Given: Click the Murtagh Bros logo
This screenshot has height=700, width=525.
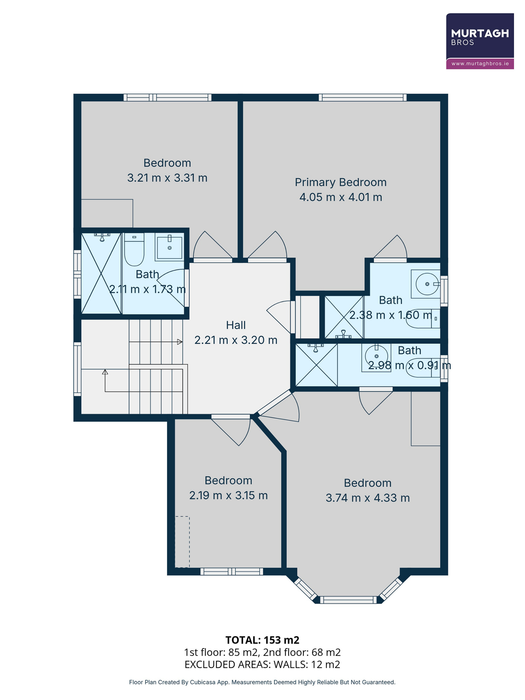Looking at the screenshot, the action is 480,41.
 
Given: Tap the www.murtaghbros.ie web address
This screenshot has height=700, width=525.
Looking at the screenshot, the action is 480,64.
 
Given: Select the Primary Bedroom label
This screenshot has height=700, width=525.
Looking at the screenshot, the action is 340,182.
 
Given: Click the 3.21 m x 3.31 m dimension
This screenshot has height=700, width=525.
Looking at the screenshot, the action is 167,178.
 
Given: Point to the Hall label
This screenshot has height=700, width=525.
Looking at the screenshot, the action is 236,325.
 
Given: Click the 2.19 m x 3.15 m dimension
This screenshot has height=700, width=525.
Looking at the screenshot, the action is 229,495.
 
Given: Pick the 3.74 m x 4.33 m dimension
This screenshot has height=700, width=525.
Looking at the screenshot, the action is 368,498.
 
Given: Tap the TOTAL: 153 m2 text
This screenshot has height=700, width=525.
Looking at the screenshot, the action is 262,640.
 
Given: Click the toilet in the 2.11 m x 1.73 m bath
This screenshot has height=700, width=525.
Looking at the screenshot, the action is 134,249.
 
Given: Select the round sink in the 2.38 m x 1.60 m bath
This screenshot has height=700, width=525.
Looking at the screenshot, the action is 427,284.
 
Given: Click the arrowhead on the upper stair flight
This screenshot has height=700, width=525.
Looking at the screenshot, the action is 180,342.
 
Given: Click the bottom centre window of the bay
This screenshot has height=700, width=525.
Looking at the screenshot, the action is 348,600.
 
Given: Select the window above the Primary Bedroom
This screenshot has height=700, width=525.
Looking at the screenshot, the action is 362,97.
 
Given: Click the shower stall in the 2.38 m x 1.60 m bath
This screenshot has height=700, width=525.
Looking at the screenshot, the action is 344,317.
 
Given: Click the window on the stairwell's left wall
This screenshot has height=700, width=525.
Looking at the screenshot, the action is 77,369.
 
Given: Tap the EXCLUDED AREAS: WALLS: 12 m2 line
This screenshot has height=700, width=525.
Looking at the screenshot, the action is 262,664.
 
